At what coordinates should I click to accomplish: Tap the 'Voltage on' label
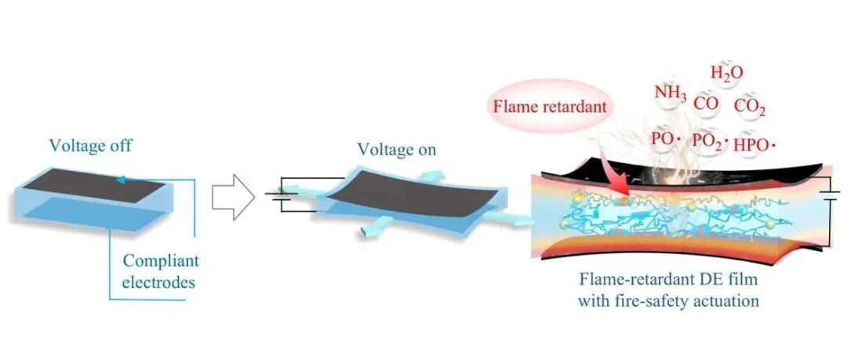click(397, 149)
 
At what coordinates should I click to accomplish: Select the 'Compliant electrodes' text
click(161, 271)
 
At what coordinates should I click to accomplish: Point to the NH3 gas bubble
click(671, 95)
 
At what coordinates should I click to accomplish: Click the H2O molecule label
click(726, 74)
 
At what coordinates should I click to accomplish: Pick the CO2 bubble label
click(750, 107)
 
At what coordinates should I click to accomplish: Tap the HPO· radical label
click(754, 142)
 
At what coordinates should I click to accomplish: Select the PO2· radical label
click(710, 141)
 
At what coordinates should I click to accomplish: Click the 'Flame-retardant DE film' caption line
click(668, 280)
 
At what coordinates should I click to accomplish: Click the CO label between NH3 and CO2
click(706, 103)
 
